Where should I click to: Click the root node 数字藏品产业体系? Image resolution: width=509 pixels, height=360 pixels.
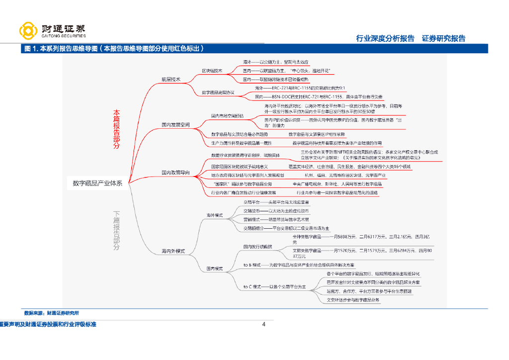[97, 182]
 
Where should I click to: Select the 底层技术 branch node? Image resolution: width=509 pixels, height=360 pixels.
[170, 79]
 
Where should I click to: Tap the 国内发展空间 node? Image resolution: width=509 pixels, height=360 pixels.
[175, 125]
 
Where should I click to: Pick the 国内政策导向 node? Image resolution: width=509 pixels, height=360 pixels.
[175, 173]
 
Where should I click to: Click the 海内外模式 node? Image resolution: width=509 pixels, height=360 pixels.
[172, 251]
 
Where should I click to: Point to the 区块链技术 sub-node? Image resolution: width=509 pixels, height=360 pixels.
[212, 71]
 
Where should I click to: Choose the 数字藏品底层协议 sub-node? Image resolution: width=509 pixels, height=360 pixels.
[218, 92]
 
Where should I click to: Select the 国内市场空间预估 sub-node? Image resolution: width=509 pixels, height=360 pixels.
[227, 116]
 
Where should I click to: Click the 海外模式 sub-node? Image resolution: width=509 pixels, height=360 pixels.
[215, 216]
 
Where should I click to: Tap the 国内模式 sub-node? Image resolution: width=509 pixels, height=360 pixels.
[215, 269]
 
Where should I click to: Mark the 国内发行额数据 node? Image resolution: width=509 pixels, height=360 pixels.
[258, 246]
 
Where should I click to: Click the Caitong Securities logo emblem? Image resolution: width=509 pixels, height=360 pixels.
[28, 30]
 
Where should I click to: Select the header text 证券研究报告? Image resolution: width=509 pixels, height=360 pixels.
[443, 38]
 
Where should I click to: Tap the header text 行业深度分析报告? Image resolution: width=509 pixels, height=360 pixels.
[385, 38]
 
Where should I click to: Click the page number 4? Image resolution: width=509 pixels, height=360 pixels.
[264, 325]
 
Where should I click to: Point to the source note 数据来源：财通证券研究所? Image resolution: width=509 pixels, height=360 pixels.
[51, 313]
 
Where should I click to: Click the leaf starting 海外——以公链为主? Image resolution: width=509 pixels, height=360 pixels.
[275, 62]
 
